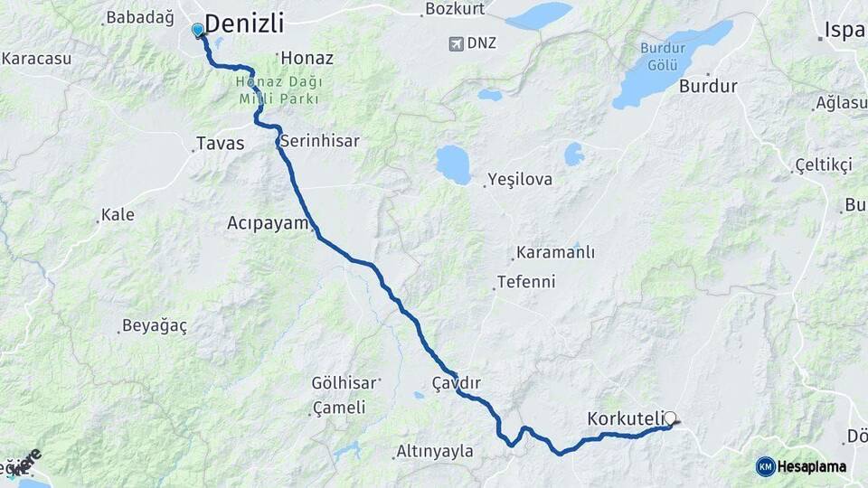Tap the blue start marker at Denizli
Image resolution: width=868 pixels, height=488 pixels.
(x=198, y=30)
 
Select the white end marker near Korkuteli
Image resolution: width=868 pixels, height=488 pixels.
(x=670, y=418)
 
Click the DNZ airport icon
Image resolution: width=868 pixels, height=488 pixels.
(x=458, y=42)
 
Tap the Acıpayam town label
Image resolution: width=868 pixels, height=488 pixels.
(x=268, y=222)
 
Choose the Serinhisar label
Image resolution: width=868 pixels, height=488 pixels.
(x=319, y=141)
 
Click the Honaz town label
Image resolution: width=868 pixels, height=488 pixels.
(x=307, y=58)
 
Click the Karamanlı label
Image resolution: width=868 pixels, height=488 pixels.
(x=555, y=252)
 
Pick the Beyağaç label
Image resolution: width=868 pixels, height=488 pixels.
(x=154, y=326)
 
